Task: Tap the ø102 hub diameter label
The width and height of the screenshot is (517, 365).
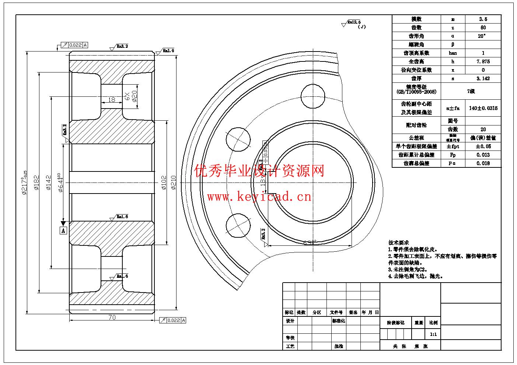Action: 164,182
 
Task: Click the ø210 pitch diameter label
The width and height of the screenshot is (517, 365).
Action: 174,182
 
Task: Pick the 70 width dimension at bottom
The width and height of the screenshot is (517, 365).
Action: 112,318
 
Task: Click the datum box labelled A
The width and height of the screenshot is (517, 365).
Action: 63,231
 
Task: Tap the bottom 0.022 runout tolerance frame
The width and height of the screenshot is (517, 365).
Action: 172,320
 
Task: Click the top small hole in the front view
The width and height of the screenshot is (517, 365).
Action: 312,95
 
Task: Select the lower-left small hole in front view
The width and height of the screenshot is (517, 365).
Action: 238,225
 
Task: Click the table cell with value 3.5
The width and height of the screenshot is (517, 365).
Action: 483,19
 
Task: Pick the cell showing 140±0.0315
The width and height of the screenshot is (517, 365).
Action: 483,109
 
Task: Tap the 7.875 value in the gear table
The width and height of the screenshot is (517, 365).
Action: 483,61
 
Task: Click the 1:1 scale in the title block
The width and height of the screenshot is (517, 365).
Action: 433,334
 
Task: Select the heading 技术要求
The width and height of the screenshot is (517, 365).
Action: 399,243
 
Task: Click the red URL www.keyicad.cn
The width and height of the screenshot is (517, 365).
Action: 259,197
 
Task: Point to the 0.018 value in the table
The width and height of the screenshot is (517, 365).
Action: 483,163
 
